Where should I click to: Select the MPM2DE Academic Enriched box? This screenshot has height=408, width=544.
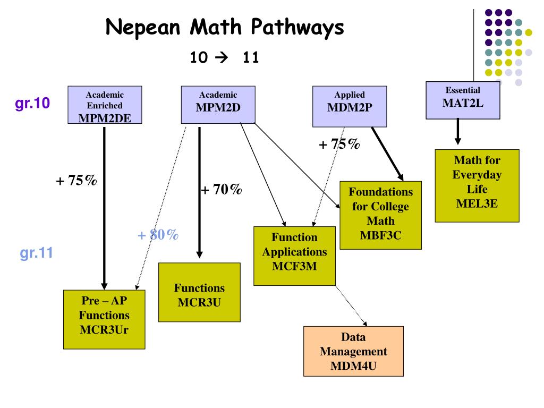[104, 105]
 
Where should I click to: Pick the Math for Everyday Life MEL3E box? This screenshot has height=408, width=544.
[477, 185]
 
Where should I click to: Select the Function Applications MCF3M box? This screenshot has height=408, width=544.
[294, 256]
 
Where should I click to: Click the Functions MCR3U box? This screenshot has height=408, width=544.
[199, 292]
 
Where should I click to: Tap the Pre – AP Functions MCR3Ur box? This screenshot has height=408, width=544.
[104, 319]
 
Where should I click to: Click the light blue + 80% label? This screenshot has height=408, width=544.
[158, 235]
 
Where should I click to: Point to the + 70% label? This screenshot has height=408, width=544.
[222, 189]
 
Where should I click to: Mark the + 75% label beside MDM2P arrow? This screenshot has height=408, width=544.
[339, 144]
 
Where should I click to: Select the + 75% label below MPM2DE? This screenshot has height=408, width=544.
[76, 181]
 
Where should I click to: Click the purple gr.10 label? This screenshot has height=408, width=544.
[33, 104]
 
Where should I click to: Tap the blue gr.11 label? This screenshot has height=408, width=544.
[37, 253]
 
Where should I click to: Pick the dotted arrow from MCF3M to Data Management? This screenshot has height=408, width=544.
[351, 305]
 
